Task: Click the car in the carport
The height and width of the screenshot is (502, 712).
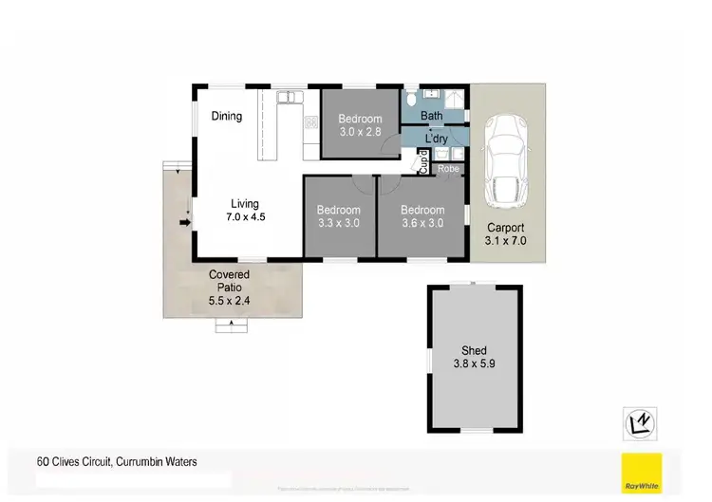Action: pos(504,159)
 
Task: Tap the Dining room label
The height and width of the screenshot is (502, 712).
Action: pos(227,117)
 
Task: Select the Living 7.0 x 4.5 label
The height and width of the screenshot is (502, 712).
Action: pos(244,211)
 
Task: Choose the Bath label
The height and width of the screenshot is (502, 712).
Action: pos(432,117)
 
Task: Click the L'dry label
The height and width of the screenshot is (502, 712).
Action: pos(436,139)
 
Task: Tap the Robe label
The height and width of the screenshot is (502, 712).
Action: pos(448,169)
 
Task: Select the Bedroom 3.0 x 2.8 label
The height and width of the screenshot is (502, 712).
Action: pos(360,126)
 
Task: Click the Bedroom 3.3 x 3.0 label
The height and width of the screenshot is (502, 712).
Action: pos(339,216)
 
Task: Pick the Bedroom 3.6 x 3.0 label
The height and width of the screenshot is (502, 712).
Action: pos(422,216)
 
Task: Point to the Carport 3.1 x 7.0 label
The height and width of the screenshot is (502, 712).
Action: pos(506,234)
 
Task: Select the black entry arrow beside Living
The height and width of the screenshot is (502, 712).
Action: pos(185,222)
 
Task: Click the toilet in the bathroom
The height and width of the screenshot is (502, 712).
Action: pos(410,99)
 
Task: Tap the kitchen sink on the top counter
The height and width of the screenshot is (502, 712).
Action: pos(288,97)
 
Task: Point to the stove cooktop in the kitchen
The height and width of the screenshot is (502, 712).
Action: pos(310,121)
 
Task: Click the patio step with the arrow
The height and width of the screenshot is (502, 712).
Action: pos(229,326)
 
